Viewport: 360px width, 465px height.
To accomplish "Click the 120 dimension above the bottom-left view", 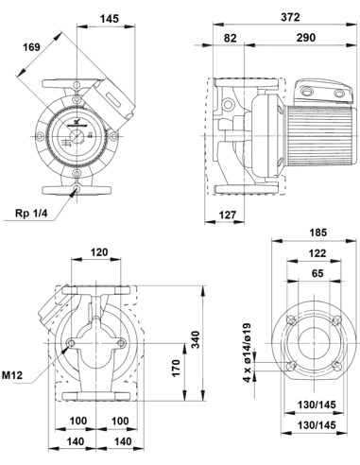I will click(96, 254).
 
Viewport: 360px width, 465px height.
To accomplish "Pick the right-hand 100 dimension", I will click(119, 421).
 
